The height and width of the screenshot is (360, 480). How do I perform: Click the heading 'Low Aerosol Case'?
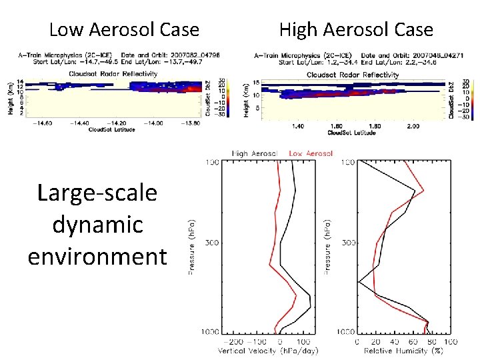pos(124,30)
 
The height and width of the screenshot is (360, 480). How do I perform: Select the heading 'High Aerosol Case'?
pos(356,30)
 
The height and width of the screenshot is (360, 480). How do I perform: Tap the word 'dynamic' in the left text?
pos(97,224)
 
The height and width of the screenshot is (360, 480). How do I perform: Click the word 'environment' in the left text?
pos(97,255)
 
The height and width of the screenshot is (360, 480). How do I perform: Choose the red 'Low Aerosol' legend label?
pos(311,153)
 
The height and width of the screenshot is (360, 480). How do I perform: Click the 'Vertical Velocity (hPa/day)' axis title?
pos(268,351)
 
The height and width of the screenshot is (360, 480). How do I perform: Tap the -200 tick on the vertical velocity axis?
pos(230,341)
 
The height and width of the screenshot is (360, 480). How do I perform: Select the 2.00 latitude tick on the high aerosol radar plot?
pos(413,126)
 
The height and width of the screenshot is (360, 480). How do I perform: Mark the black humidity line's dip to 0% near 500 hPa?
pos(359,281)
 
